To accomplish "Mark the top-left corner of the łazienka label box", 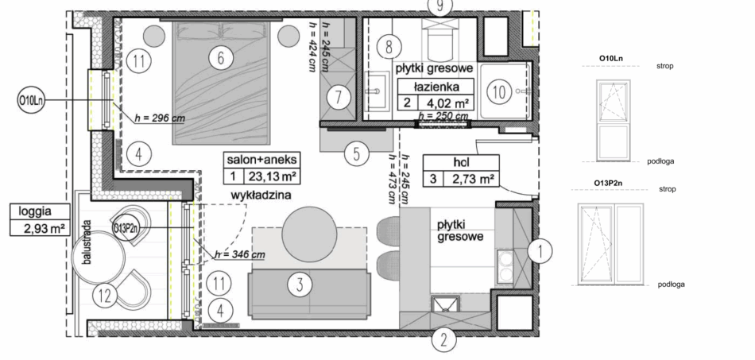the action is click(x=397, y=79).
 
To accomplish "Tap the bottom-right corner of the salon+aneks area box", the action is click(x=300, y=184).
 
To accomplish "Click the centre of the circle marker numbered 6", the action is click(x=220, y=58).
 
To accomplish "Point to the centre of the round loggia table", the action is click(x=98, y=257).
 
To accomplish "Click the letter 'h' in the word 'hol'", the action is click(x=455, y=163).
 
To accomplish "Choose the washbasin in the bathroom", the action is click(x=377, y=91).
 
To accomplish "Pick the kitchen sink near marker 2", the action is click(x=445, y=305).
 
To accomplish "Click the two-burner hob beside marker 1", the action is click(x=505, y=267).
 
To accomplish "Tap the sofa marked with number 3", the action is click(x=309, y=293).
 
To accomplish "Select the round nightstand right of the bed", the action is click(x=288, y=35).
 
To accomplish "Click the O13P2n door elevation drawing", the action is click(x=611, y=244).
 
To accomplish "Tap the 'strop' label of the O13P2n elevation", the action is click(x=668, y=189).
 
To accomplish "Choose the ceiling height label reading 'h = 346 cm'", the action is click(x=240, y=254).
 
